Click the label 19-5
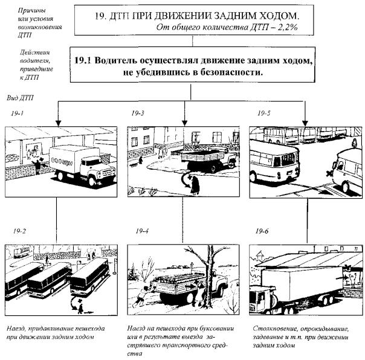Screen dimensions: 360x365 [x=264, y=113]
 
